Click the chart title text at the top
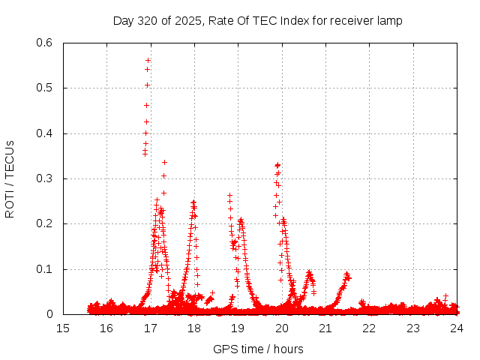(257, 20)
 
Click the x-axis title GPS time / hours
(258, 349)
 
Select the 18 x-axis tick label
(194, 328)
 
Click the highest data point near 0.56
(148, 60)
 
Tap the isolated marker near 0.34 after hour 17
(164, 162)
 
